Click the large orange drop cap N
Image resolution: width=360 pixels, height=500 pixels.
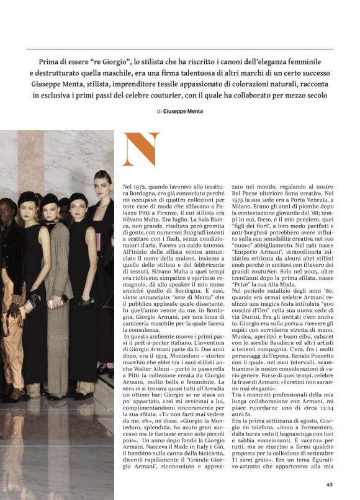click(141, 149)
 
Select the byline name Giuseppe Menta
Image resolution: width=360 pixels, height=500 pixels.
click(182, 112)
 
